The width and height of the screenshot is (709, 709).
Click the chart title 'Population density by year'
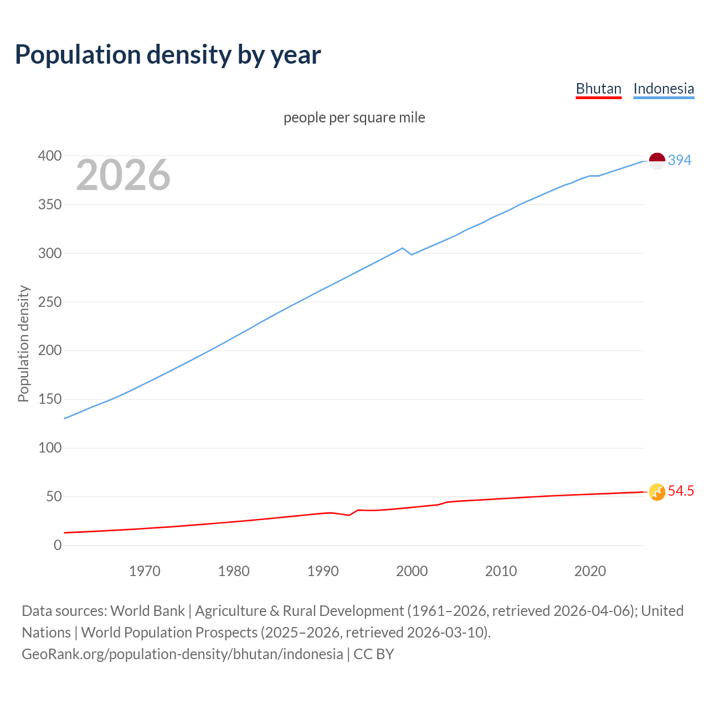coord(168,55)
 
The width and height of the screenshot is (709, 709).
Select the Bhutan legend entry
coord(598,89)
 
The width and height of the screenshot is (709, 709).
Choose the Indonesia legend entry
coord(663,89)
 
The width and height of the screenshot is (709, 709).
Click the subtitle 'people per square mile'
coord(354,117)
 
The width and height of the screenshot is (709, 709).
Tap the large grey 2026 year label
coord(123,175)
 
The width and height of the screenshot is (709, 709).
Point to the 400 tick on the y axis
coord(49,156)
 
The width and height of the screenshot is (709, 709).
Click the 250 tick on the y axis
coord(49,302)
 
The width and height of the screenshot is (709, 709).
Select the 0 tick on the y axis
coord(58,546)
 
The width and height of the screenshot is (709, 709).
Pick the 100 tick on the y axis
coord(49,448)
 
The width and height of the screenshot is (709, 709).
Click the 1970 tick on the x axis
coord(145,571)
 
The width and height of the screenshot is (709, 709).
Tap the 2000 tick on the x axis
coord(412,571)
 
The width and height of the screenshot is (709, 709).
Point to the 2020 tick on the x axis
coord(590,571)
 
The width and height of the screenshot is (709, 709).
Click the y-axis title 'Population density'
coord(23,343)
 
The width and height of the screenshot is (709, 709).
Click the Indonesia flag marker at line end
coord(657,161)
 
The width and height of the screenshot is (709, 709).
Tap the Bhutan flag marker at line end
coord(657,492)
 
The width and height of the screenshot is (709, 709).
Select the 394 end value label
coord(680,161)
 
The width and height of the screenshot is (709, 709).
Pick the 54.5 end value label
coord(681,491)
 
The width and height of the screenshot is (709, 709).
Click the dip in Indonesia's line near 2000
coord(412,254)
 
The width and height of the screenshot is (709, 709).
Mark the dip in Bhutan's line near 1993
coord(349,515)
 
